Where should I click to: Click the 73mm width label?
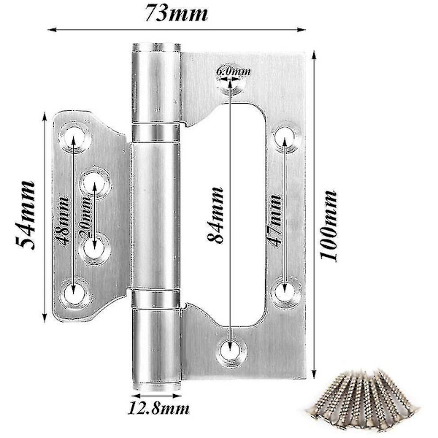[177, 13]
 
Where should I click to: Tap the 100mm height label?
[328, 226]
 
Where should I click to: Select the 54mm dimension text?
[25, 215]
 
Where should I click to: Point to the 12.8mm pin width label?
[158, 409]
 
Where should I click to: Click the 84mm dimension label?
[215, 215]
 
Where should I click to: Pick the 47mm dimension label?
[275, 220]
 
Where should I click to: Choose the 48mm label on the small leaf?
[63, 220]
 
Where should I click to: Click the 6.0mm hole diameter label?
[234, 72]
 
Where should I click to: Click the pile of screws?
[363, 399]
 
